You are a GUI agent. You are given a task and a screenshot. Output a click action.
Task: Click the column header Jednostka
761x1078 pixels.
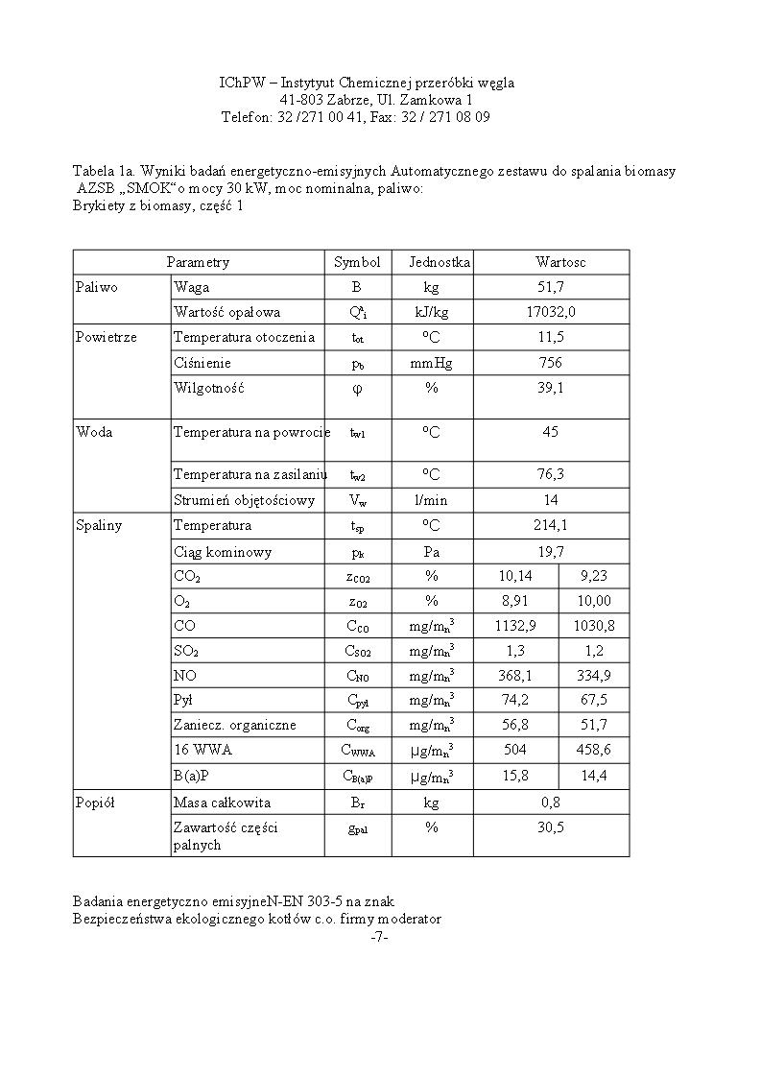point(440,262)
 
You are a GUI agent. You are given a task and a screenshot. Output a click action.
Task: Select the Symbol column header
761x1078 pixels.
point(357,262)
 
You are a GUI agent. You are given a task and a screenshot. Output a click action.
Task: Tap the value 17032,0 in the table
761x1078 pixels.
point(551,312)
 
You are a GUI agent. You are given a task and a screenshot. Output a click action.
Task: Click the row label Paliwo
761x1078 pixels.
point(97,287)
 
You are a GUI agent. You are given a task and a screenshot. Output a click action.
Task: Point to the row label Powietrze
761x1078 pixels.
point(106,337)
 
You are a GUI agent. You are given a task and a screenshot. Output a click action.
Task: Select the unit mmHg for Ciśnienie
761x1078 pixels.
point(432,363)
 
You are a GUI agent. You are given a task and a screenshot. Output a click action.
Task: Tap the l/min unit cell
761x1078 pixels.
point(432,500)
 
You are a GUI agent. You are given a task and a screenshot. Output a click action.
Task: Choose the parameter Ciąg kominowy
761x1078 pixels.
point(223,552)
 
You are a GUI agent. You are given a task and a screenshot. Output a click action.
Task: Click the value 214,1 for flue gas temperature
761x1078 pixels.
point(551,525)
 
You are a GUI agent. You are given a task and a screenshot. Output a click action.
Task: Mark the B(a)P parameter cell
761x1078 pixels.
point(191,776)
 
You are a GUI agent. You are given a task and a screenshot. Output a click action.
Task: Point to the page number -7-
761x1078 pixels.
point(379,937)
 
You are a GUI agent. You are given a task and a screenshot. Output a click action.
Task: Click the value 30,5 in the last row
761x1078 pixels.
point(551,827)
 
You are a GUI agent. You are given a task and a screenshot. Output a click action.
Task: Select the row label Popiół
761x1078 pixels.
point(95,803)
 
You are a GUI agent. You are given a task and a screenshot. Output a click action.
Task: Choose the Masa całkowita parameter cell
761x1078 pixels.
point(222,803)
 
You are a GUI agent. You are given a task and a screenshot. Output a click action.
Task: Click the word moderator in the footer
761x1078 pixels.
point(410,919)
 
